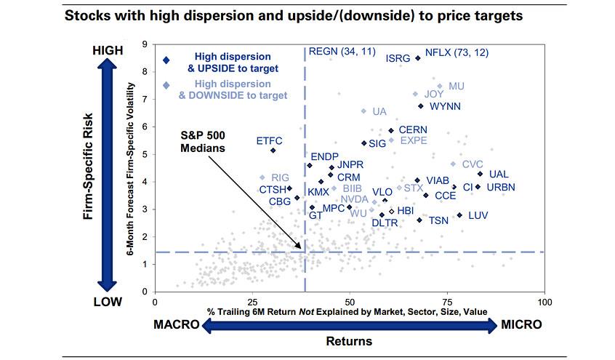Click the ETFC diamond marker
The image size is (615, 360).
pos(273,151)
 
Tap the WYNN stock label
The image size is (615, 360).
pos(445,106)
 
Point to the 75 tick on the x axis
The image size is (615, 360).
pos(447,302)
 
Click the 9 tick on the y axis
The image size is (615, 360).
pos(145,44)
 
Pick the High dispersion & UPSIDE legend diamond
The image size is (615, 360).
pos(166,60)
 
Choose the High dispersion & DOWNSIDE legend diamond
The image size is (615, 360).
pos(166,85)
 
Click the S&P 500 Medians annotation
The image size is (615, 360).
pos(203,142)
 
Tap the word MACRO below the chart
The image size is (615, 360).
pos(177,324)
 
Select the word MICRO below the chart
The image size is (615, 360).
pos(521,324)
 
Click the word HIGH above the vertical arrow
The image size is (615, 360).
pos(108,50)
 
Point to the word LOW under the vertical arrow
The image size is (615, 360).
pos(108,302)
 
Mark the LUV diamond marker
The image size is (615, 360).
pos(459,215)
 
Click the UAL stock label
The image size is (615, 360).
pos(499,174)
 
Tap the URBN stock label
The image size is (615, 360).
pos(501,187)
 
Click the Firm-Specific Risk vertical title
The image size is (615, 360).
pos(88,166)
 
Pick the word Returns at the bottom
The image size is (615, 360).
pos(349,341)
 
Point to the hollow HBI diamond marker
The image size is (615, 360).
pos(391,212)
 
